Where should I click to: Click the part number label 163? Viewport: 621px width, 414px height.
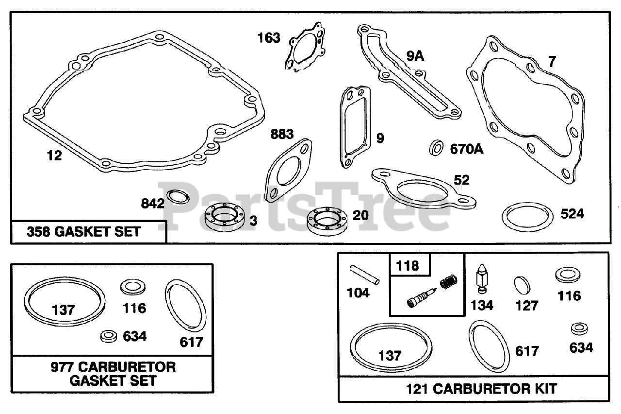click(269, 38)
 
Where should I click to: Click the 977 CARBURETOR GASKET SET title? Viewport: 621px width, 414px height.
click(113, 373)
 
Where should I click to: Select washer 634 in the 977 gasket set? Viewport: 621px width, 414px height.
click(108, 335)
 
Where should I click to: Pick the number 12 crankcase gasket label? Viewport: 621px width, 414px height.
click(54, 156)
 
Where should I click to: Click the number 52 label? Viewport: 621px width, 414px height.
click(461, 180)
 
